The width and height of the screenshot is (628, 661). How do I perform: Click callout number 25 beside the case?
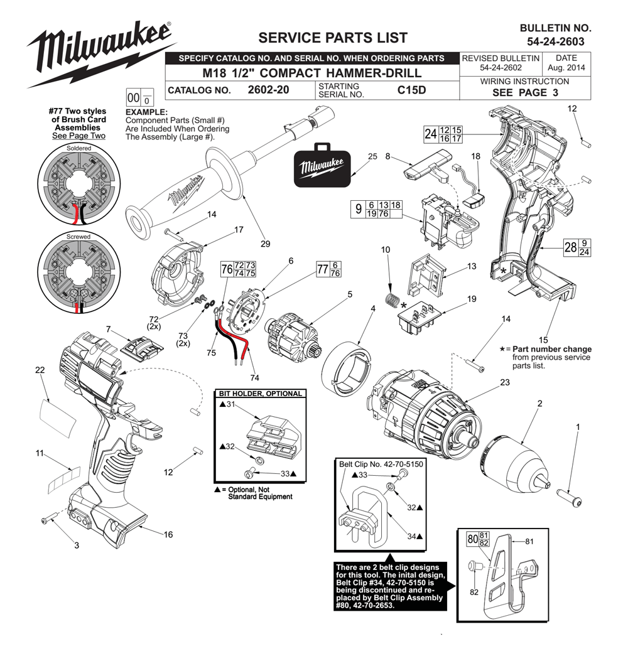[372, 156]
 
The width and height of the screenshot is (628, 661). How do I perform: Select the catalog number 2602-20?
[268, 90]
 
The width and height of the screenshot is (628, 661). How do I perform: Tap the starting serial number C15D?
[411, 90]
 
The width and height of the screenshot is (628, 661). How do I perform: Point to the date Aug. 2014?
[566, 67]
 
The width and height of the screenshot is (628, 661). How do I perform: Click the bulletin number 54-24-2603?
[555, 41]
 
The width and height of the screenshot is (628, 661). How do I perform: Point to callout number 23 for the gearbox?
[505, 382]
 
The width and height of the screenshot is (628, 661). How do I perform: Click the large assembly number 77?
[323, 269]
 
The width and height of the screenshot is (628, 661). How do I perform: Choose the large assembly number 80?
[473, 539]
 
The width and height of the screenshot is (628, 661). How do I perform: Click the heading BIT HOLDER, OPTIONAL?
[260, 394]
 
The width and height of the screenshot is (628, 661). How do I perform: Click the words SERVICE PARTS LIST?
[333, 38]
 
